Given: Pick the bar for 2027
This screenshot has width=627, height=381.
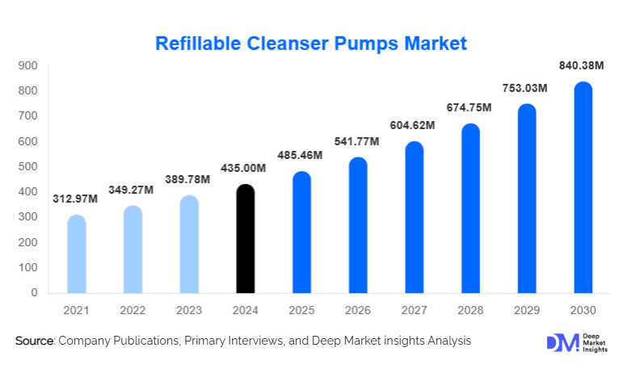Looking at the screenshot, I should point(414,217).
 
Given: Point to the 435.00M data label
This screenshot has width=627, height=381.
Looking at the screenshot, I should point(245,168).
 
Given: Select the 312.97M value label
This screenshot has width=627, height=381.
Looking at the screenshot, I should point(77,199).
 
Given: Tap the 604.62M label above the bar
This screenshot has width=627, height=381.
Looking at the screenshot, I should point(414,125).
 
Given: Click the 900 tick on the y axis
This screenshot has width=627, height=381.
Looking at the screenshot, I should point(28,65).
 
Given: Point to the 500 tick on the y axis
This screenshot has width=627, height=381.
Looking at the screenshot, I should point(28,167).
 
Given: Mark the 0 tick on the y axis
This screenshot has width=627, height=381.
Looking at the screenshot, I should point(34,293).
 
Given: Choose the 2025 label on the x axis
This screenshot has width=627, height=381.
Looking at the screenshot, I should point(301,310).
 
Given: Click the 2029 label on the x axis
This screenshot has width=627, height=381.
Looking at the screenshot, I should point(526,310).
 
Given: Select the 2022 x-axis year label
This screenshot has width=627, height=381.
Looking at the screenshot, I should point(133,310).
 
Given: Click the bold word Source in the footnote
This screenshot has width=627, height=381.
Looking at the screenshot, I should point(33,341).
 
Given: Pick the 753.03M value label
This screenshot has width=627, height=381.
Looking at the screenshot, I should point(526,87).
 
